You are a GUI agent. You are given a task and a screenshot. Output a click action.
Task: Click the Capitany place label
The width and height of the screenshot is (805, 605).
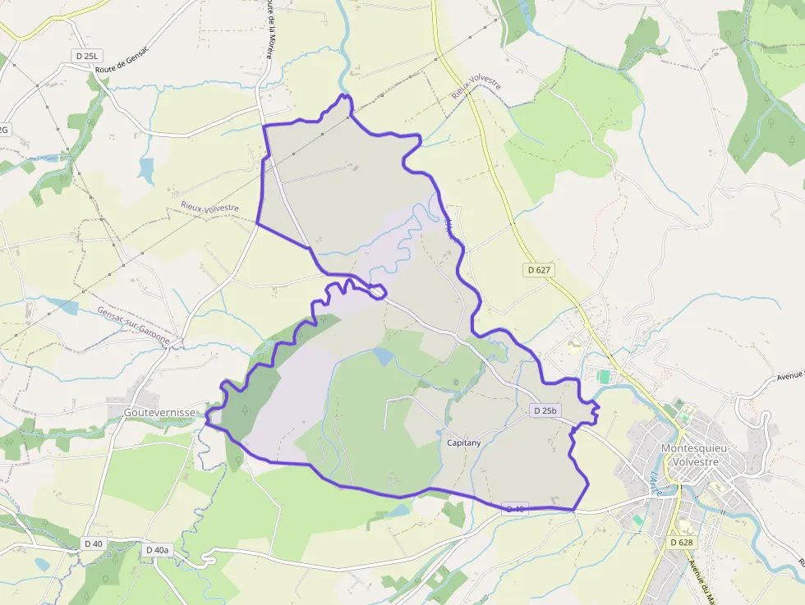point(464,442)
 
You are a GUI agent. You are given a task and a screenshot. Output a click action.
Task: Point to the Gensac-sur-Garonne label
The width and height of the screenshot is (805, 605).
point(134,325)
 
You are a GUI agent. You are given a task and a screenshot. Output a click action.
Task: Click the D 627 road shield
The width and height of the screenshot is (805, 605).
point(539,269)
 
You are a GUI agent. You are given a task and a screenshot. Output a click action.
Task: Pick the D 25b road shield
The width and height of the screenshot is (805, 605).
point(545,410)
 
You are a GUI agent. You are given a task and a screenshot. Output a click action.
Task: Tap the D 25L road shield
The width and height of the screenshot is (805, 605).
point(85,56)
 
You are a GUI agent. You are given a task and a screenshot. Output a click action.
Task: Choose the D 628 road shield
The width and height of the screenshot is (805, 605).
point(683,543)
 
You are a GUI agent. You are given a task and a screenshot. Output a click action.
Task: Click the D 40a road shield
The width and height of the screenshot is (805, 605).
point(157,550)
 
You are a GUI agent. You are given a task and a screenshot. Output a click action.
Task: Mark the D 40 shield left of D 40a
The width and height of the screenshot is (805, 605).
point(94,543)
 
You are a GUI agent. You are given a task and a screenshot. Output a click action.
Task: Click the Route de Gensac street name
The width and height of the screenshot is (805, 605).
point(122,63)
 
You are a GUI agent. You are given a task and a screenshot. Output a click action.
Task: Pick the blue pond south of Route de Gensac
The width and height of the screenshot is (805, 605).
point(147,171)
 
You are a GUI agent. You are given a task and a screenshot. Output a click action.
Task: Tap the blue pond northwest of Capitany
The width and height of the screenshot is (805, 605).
point(383,356)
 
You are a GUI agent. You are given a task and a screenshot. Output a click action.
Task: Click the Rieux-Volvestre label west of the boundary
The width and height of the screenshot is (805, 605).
point(209,209)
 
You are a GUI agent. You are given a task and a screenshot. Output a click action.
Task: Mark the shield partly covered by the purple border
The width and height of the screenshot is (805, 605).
point(515,509)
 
